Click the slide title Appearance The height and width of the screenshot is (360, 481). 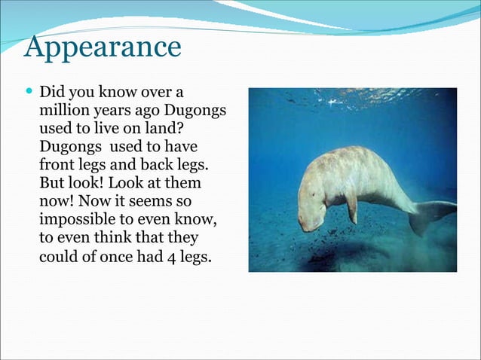(x=102, y=47)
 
